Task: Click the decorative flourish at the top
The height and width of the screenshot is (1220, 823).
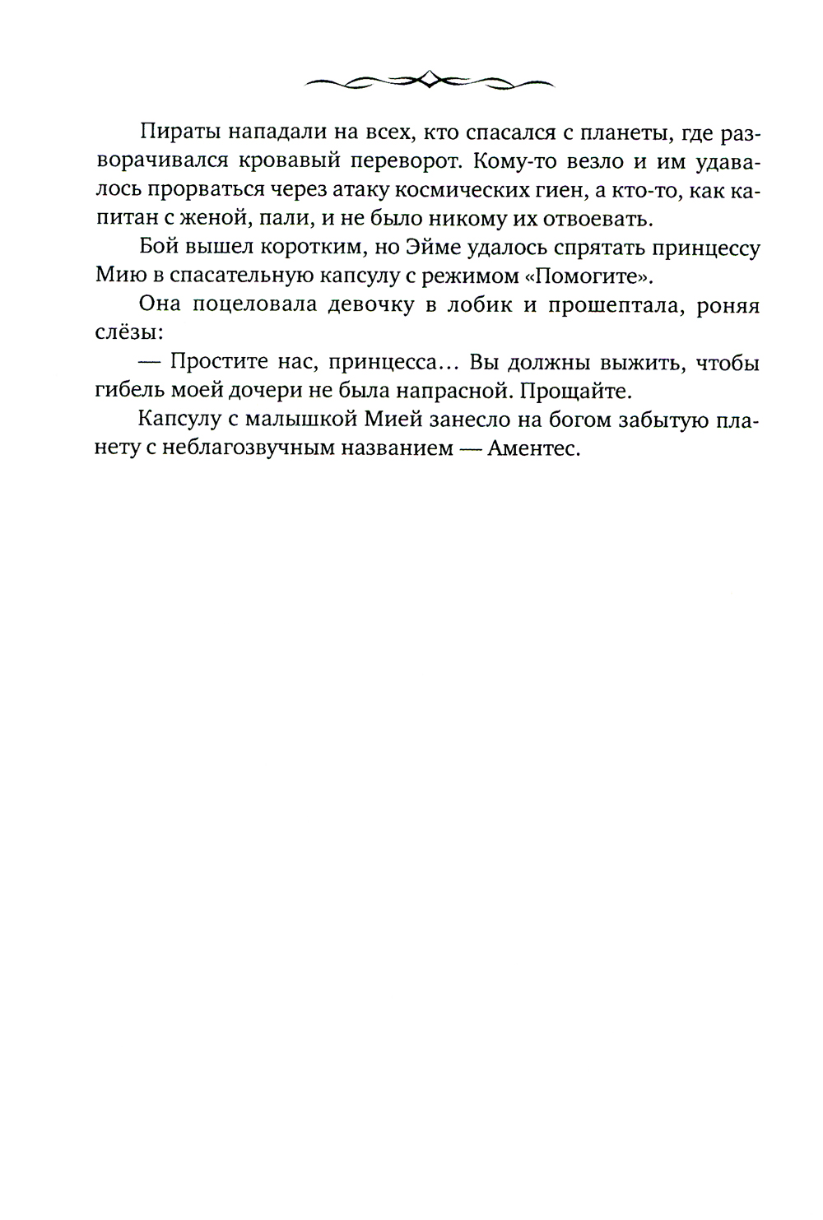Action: pyautogui.click(x=428, y=80)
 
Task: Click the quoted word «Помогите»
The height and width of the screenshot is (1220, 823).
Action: pyautogui.click(x=585, y=277)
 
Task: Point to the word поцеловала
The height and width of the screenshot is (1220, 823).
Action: pyautogui.click(x=265, y=306)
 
